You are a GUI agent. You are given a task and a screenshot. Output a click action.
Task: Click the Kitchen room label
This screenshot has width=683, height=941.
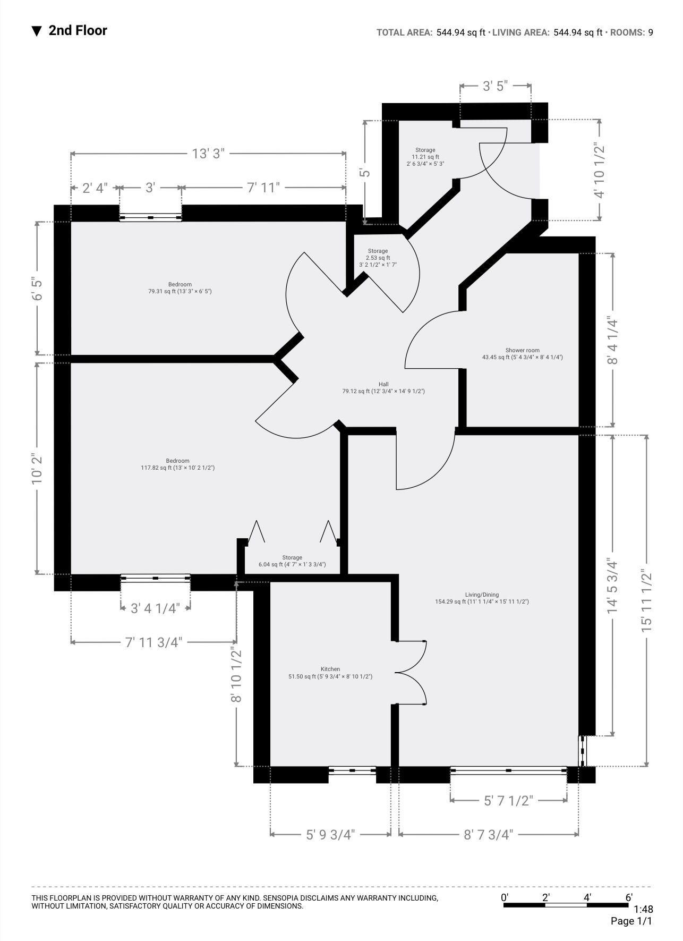(x=330, y=673)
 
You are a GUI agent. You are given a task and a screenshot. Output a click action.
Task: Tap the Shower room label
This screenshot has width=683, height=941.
(x=522, y=354)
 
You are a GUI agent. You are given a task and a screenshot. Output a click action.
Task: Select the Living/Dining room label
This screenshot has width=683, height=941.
(x=482, y=598)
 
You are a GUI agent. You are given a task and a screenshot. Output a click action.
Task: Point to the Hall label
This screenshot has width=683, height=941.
(x=383, y=388)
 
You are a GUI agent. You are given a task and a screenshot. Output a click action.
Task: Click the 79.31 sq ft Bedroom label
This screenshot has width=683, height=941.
(x=180, y=288)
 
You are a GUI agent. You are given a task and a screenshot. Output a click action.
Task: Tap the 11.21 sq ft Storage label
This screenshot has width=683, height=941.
(x=425, y=157)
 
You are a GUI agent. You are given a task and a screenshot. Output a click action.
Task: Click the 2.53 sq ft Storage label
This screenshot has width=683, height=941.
(x=378, y=258)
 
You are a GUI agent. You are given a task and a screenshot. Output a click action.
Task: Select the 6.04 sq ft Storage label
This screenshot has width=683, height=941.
(x=292, y=561)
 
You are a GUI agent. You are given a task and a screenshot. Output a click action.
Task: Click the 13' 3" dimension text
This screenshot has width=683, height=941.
(x=208, y=154)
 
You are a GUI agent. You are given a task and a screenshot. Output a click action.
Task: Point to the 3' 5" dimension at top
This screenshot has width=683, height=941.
(x=495, y=86)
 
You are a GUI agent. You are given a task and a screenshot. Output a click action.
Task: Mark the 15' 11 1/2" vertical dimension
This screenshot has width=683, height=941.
(x=646, y=600)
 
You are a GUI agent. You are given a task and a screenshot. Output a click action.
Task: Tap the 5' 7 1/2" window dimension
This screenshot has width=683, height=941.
(x=508, y=801)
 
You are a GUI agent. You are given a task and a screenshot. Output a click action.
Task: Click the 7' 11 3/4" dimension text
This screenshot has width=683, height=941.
(x=153, y=642)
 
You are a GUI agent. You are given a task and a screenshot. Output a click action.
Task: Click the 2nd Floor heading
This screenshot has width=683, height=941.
(x=78, y=30)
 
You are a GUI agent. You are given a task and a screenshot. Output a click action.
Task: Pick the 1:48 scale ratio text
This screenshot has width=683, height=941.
(x=643, y=910)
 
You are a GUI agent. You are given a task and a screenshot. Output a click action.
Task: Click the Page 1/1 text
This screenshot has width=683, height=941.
(x=631, y=921)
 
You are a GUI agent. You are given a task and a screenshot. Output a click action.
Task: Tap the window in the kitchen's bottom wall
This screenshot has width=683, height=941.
(x=352, y=770)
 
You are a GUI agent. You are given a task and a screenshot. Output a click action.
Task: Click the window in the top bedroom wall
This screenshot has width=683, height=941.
(x=150, y=217)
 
